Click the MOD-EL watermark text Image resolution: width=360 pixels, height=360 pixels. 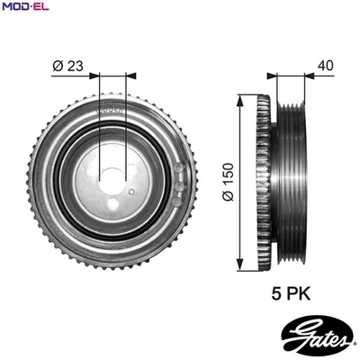click(x=24, y=8)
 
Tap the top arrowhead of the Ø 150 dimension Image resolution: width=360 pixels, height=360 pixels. click(x=240, y=97)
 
